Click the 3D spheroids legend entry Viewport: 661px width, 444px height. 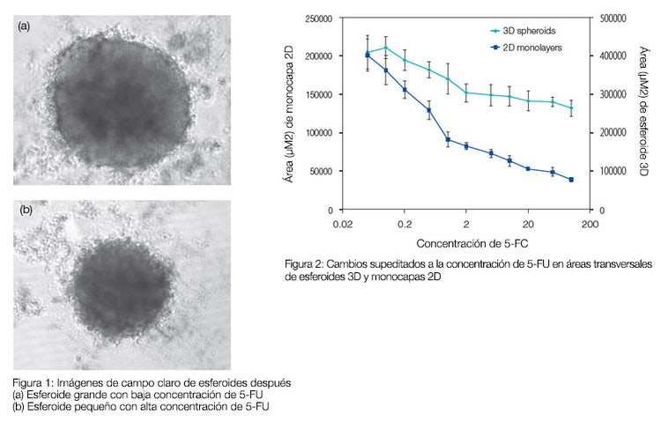525,32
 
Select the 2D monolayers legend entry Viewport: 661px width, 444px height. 527,46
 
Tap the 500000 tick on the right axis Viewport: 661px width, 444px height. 612,18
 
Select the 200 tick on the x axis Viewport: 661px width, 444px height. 590,225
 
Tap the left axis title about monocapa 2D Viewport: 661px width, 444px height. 289,115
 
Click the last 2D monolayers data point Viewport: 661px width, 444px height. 571,180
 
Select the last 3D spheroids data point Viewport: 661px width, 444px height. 571,108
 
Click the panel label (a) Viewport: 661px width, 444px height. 24,26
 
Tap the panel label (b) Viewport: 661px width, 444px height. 24,211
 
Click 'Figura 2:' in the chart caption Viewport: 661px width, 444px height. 305,263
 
